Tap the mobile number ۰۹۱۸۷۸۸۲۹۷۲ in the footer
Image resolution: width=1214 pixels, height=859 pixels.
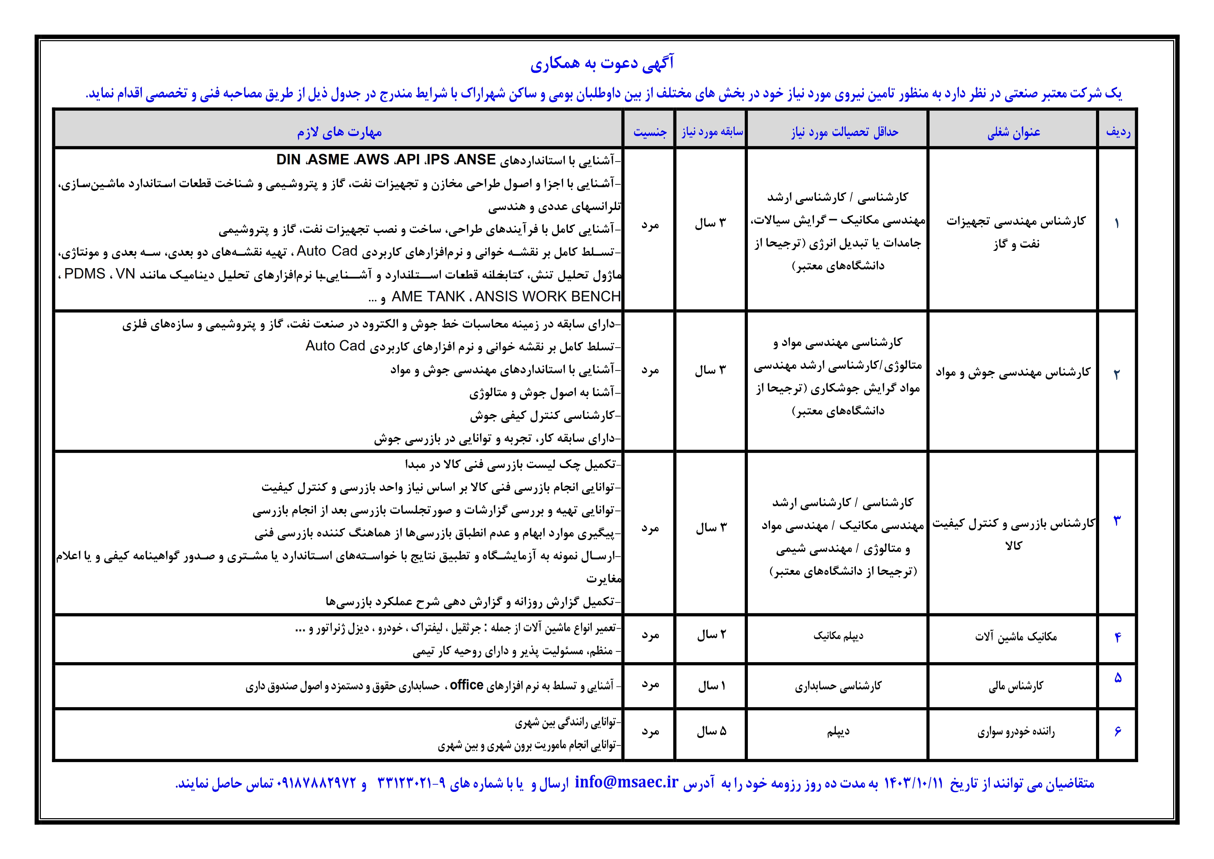(316, 783)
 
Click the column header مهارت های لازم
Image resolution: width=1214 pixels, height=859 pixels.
(339, 132)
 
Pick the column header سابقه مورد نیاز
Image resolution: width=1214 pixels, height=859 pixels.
(712, 132)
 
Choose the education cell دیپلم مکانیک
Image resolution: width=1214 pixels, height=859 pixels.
(838, 636)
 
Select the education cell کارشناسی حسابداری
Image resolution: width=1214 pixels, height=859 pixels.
(838, 686)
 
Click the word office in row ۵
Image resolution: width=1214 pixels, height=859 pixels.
(466, 685)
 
